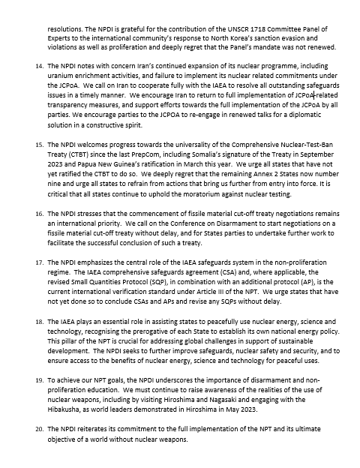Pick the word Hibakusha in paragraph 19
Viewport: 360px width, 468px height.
click(x=66, y=420)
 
